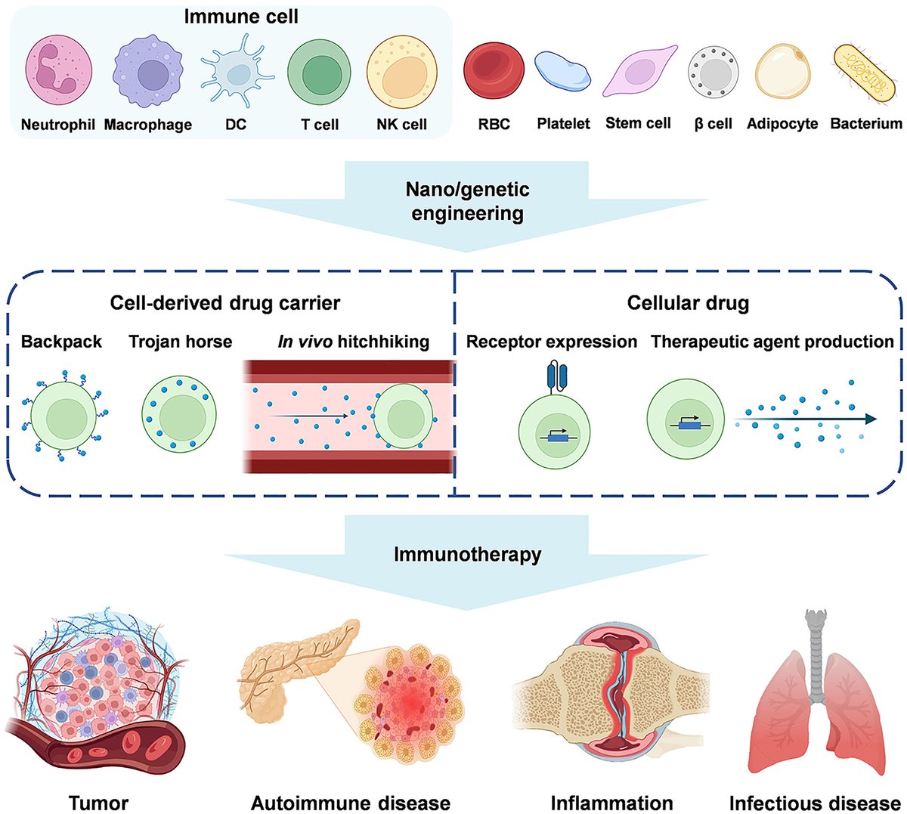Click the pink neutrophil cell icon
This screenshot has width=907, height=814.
click(58, 73)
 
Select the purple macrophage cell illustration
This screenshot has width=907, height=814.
click(148, 75)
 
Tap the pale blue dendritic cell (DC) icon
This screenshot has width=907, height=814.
click(237, 75)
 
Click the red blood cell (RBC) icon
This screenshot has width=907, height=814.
click(494, 73)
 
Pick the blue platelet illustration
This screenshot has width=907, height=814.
click(563, 72)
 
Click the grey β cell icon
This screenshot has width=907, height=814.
click(713, 75)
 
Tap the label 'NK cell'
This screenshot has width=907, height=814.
click(401, 125)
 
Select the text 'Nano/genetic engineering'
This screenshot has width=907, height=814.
click(467, 201)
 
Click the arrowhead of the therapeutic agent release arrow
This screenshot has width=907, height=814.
click(871, 419)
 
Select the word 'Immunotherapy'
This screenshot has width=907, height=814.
click(467, 554)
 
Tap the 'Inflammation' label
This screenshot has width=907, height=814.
click(611, 802)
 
